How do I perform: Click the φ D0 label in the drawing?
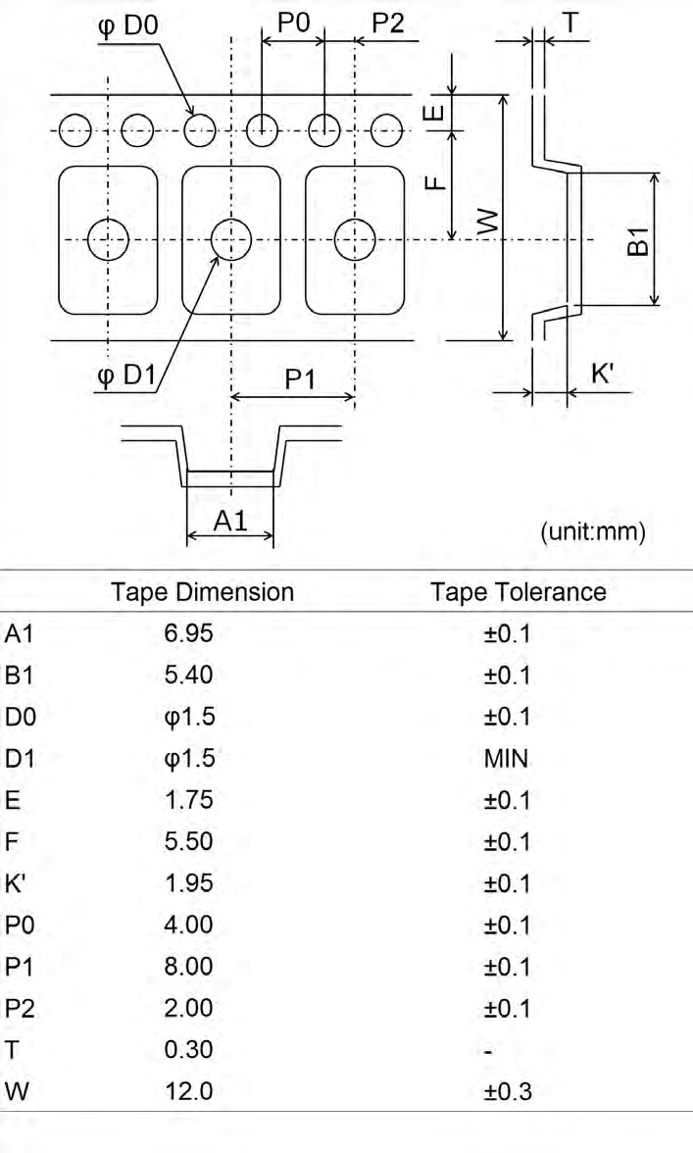[x=127, y=24]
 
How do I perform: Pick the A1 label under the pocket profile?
[x=229, y=522]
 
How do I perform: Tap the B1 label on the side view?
[x=638, y=239]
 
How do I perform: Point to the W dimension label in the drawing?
[x=484, y=220]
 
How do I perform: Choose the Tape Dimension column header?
[x=203, y=592]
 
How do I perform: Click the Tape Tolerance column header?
[x=519, y=592]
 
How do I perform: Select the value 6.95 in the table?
[x=189, y=633]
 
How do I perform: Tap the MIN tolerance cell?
[x=506, y=759]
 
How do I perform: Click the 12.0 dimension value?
[x=189, y=1091]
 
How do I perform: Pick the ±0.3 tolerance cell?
[x=507, y=1091]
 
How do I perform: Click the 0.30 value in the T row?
[x=189, y=1050]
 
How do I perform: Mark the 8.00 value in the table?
[x=189, y=967]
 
